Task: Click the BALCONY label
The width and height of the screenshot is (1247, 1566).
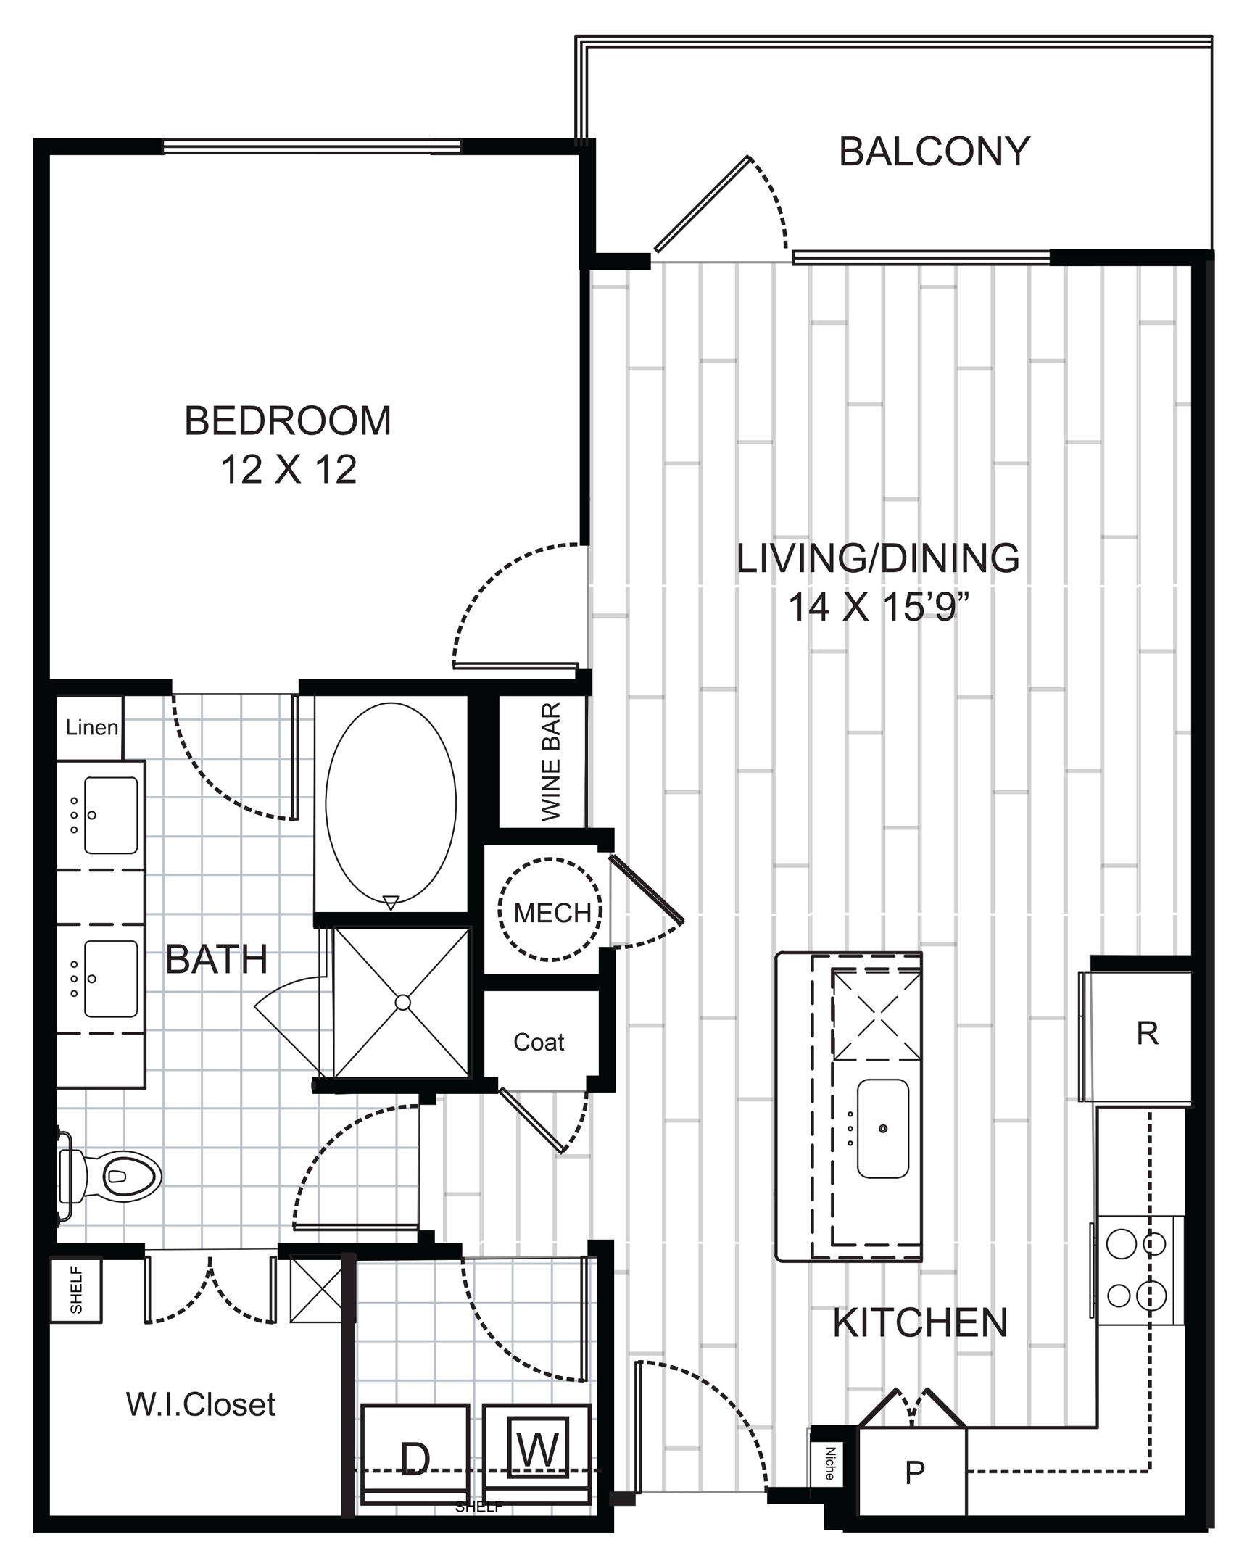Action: pyautogui.click(x=934, y=152)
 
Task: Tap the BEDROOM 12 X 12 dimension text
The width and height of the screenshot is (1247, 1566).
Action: pyautogui.click(x=289, y=469)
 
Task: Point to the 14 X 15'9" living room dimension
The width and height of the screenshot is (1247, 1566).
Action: pyautogui.click(x=879, y=608)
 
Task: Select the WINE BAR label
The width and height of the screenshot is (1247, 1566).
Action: pyautogui.click(x=551, y=762)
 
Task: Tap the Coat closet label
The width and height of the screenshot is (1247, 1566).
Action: pyautogui.click(x=538, y=1043)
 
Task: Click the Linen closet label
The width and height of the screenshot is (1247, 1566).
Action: pyautogui.click(x=91, y=727)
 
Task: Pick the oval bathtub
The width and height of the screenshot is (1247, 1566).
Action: pyautogui.click(x=391, y=803)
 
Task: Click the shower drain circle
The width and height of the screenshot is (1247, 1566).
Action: pyautogui.click(x=402, y=1003)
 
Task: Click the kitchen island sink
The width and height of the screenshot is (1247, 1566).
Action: pyautogui.click(x=882, y=1128)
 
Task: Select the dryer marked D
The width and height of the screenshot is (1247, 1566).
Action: pyautogui.click(x=415, y=1454)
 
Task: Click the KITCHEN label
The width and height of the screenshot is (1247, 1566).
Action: pyautogui.click(x=920, y=1322)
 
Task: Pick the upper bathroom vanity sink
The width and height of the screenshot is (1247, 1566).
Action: pyautogui.click(x=111, y=815)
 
